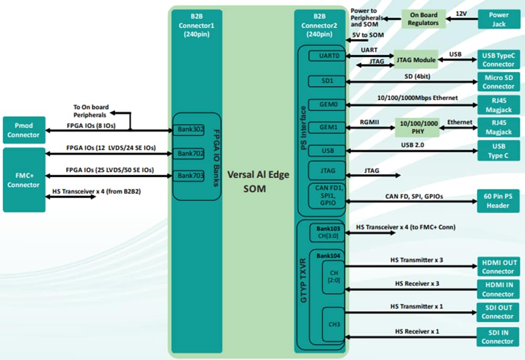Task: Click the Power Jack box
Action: [499, 19]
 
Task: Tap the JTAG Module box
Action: [416, 60]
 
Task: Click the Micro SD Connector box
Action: [499, 82]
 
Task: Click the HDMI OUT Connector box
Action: [498, 267]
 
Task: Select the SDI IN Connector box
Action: [498, 337]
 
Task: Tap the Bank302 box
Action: [190, 129]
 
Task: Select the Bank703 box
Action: [190, 176]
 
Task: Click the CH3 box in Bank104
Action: [334, 324]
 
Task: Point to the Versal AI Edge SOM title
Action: [258, 181]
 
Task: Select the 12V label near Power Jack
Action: [461, 13]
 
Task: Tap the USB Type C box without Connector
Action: [499, 150]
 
